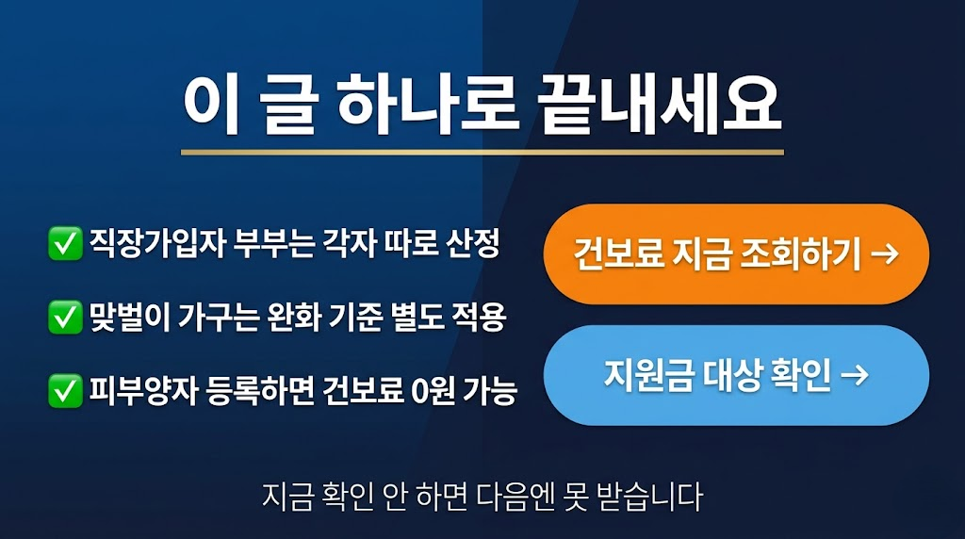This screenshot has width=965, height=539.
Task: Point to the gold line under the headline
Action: pyautogui.click(x=482, y=152)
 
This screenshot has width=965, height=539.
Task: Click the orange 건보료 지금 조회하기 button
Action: pyautogui.click(x=736, y=253)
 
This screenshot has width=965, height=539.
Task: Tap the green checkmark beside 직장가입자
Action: pyautogui.click(x=64, y=246)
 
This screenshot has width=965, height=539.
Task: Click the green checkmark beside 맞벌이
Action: pyautogui.click(x=64, y=318)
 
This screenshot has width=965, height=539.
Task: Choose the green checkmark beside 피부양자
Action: pyautogui.click(x=64, y=390)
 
